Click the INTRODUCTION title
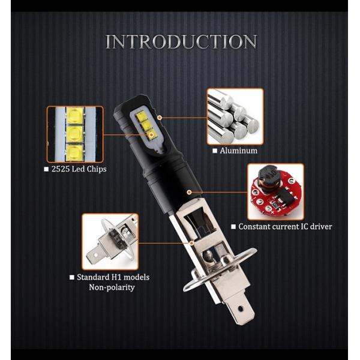click(181, 42)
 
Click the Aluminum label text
click(239, 151)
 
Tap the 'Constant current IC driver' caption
click(285, 227)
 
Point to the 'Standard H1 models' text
click(113, 277)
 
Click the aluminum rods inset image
click(235, 116)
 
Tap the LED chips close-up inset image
click(74, 134)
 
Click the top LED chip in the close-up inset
click(74, 115)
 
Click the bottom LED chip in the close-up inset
click(74, 151)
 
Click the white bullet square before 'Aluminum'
click(214, 151)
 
